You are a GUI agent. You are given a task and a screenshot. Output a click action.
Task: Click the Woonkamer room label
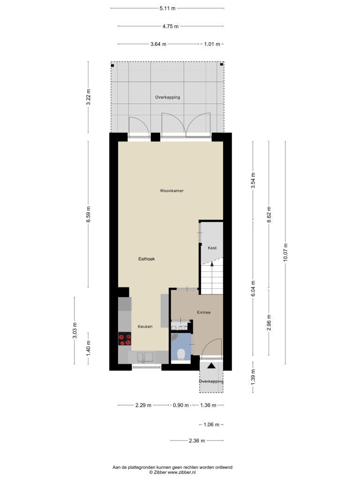click(172, 191)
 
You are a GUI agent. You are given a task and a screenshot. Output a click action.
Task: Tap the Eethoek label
click(147, 259)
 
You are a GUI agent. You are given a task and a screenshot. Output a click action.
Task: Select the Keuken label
click(145, 327)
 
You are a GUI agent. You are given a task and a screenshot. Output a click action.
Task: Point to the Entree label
click(203, 313)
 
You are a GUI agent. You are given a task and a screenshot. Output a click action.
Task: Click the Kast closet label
click(212, 248)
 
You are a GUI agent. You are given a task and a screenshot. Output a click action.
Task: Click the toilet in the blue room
click(180, 354)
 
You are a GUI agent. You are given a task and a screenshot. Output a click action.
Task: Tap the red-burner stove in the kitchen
click(125, 339)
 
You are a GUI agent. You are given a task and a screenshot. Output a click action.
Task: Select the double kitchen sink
click(145, 357)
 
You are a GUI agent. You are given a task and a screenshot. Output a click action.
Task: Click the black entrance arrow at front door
click(211, 366)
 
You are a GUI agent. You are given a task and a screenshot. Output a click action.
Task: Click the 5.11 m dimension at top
click(167, 8)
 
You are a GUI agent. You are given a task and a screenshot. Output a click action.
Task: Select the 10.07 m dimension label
click(285, 252)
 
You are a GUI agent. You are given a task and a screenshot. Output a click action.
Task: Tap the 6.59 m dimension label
click(89, 214)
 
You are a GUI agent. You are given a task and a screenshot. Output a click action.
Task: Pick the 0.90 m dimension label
click(180, 405)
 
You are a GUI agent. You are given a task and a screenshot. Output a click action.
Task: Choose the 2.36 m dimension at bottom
click(197, 441)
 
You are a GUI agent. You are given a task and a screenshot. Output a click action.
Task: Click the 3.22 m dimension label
click(89, 97)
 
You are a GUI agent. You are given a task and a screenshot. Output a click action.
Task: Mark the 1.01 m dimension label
click(212, 44)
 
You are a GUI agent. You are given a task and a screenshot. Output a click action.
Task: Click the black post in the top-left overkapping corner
click(112, 66)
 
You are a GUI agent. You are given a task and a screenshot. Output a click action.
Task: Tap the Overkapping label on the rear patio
click(167, 97)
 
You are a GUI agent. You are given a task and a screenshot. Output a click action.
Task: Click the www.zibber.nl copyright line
click(172, 472)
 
